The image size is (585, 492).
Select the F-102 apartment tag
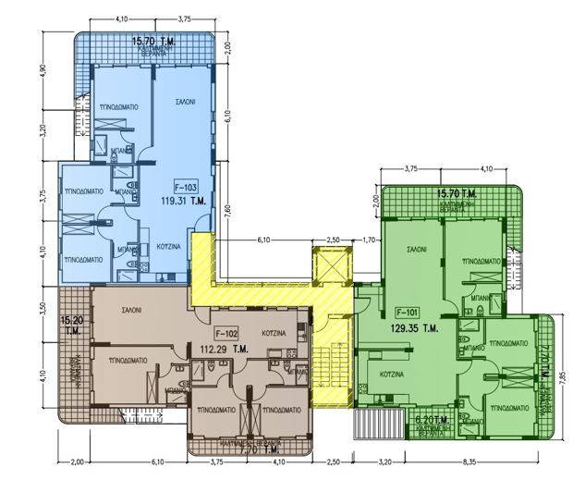[x=226, y=333]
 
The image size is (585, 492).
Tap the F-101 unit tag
[x=408, y=312]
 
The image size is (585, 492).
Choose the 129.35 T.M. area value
[x=415, y=327]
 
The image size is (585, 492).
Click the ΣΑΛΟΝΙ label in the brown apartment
[x=128, y=312]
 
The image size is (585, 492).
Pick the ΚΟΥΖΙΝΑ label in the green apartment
[x=394, y=374]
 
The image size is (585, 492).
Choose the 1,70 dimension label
[x=368, y=240]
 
